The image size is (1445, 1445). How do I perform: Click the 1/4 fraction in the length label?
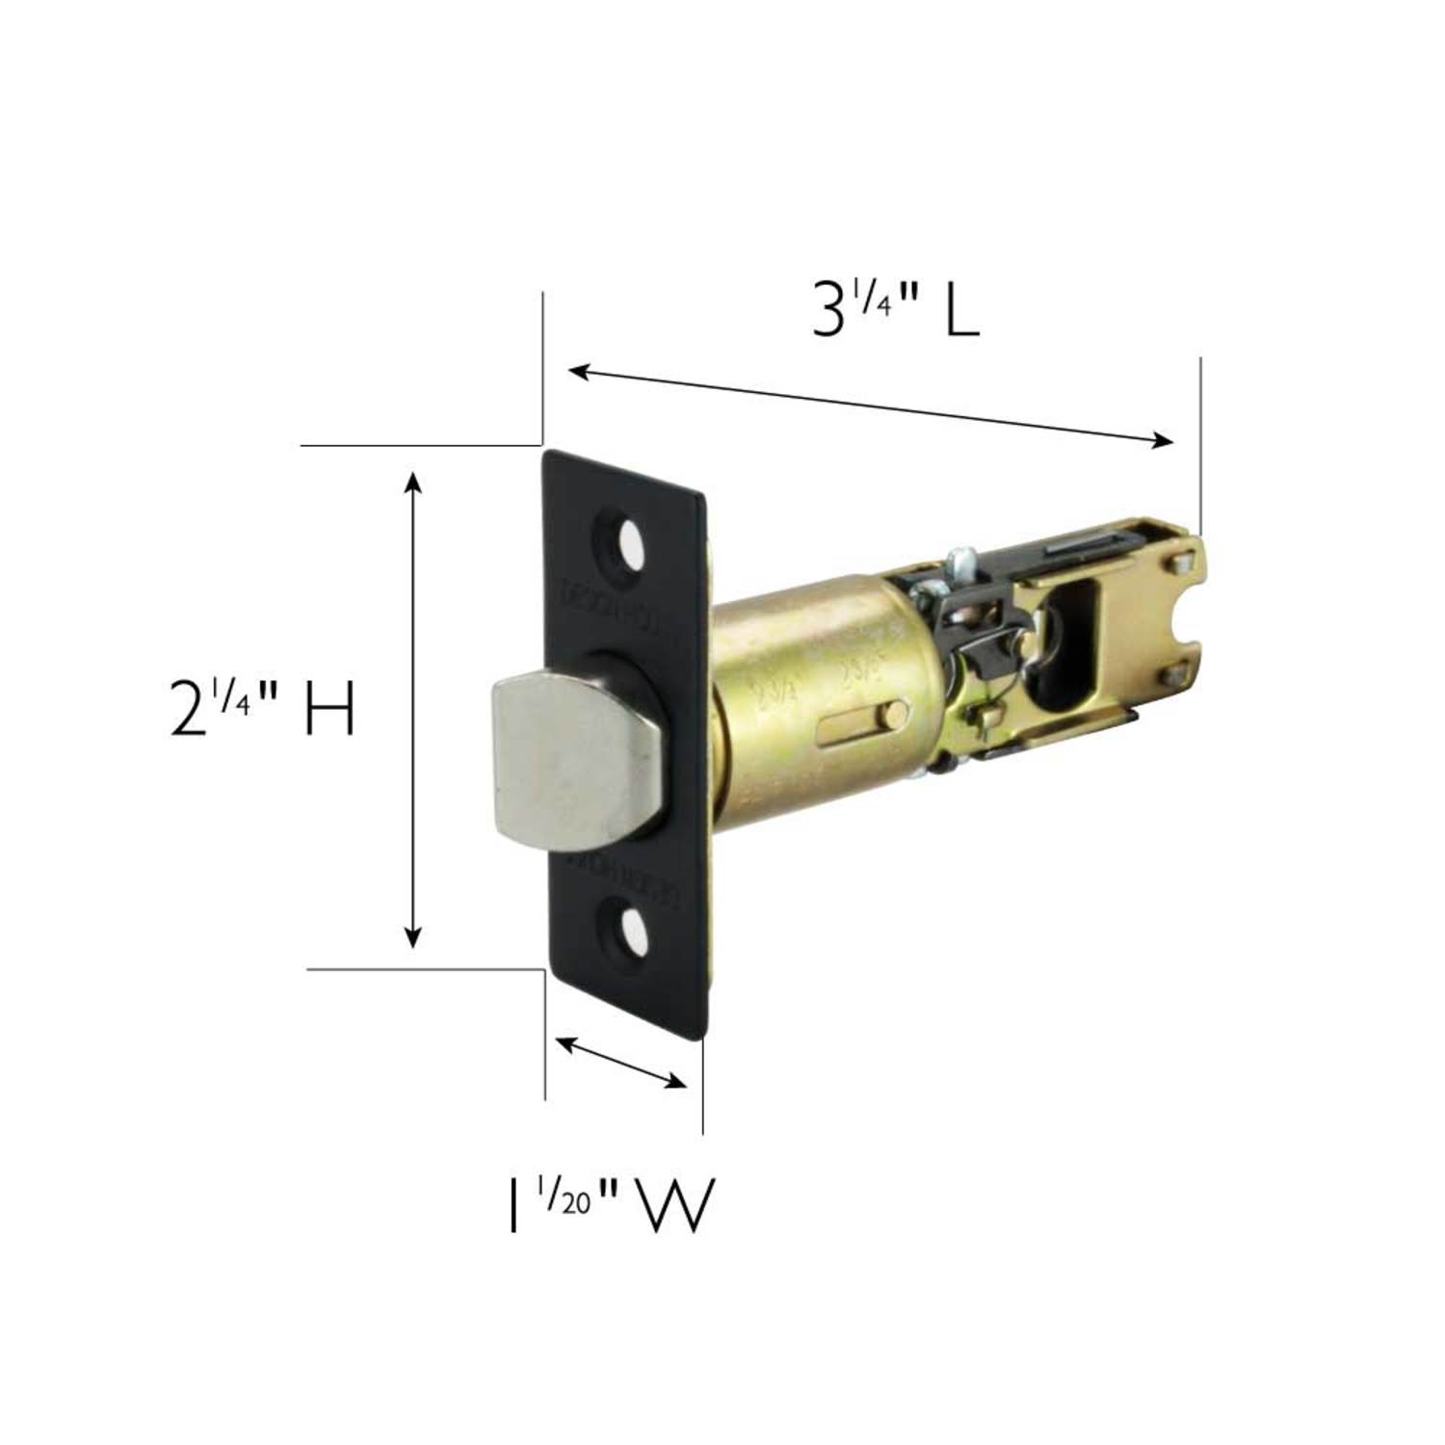point(871,297)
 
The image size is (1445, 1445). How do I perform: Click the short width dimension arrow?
point(622,1062)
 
